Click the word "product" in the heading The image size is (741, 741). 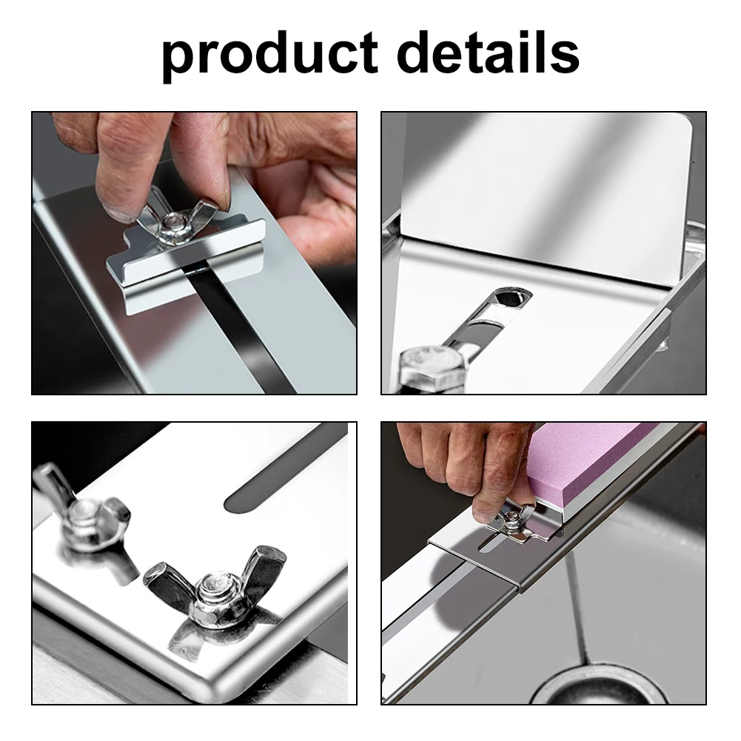(x=270, y=53)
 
